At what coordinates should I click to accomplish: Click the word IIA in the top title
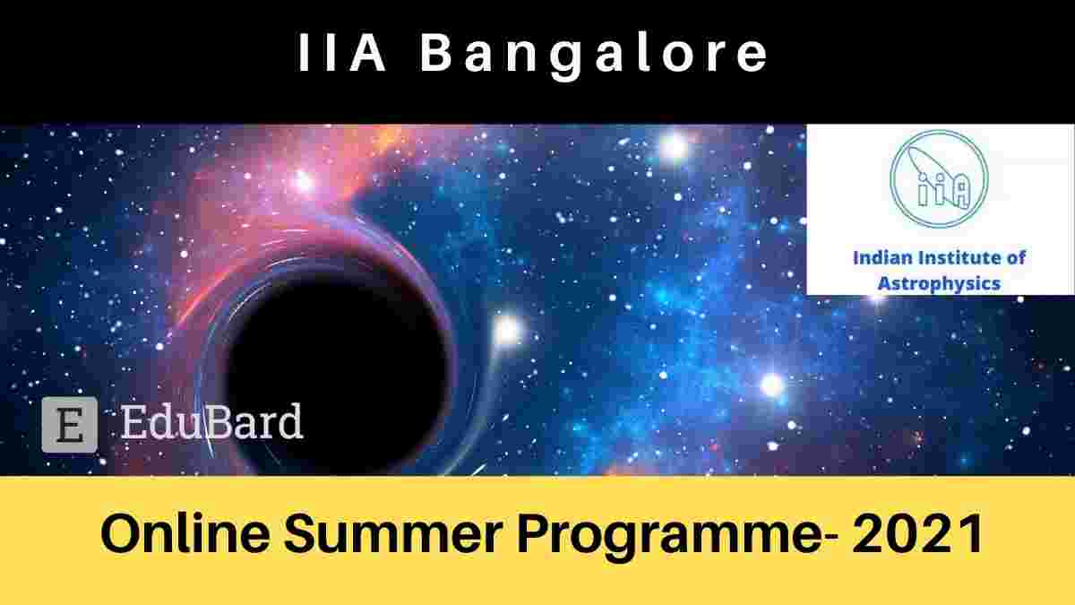pos(341,53)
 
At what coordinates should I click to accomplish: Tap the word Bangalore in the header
pos(594,57)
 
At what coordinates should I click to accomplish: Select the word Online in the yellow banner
pos(185,533)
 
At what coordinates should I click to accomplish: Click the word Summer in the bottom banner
pos(393,533)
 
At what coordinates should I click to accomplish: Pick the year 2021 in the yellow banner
pos(917,533)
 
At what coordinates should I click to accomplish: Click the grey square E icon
pos(70,425)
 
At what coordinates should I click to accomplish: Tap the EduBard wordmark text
pos(211,421)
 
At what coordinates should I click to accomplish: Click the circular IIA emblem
pos(939,178)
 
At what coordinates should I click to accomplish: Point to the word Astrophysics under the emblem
pos(939,284)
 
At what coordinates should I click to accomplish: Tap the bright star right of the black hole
pos(506,331)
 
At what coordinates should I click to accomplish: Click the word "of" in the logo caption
pos(1017,258)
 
